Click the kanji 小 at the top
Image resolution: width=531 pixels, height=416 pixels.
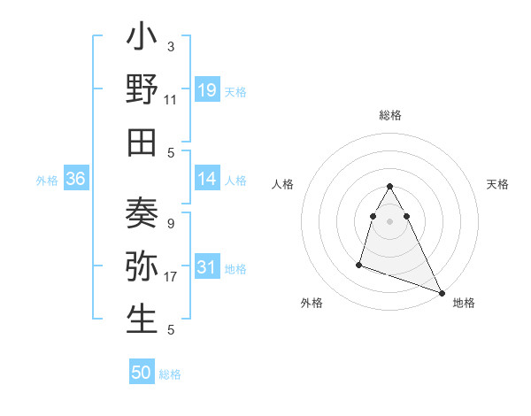click(x=142, y=41)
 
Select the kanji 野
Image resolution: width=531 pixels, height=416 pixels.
click(x=142, y=90)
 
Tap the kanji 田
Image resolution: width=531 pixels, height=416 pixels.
click(x=142, y=142)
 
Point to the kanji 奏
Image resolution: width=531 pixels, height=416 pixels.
click(x=142, y=217)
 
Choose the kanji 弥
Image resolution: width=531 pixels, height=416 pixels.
click(x=142, y=268)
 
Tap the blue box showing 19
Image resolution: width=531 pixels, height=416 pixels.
click(x=207, y=89)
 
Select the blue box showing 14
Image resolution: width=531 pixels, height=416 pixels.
click(x=207, y=179)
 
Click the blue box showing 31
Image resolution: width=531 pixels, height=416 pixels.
click(x=207, y=268)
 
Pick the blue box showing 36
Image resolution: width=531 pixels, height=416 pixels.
click(x=75, y=179)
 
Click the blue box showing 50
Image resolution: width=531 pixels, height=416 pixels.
click(x=142, y=373)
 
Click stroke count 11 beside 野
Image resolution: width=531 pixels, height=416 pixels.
click(x=171, y=100)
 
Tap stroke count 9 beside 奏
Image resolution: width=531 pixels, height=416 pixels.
click(x=171, y=224)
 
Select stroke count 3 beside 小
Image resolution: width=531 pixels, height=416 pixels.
click(x=171, y=47)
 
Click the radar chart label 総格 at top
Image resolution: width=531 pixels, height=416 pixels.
click(x=389, y=115)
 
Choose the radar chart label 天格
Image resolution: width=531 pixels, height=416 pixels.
click(x=498, y=184)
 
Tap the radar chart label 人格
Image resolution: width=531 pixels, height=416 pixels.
click(x=282, y=184)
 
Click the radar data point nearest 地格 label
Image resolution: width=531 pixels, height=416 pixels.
click(x=442, y=293)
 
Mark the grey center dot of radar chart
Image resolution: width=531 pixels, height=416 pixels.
click(x=389, y=220)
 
